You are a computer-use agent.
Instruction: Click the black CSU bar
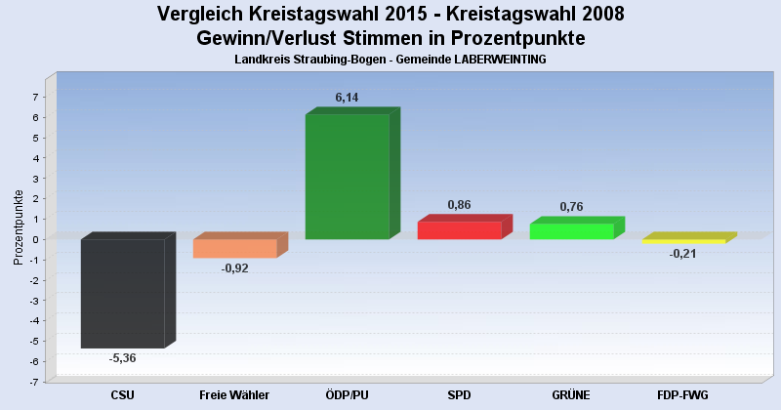(x=122, y=293)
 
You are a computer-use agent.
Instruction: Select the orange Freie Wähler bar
(x=234, y=248)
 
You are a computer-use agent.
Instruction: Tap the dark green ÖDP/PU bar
(x=347, y=176)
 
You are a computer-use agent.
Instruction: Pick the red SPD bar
(x=459, y=230)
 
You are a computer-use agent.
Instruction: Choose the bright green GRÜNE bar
(x=571, y=231)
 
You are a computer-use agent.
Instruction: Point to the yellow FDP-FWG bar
(x=683, y=241)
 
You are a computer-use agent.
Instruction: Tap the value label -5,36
(x=122, y=358)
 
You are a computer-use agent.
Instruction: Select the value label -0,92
(x=235, y=267)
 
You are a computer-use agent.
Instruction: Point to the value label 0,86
(x=460, y=205)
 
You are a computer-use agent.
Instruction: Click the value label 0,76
(x=572, y=207)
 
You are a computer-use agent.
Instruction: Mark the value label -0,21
(x=683, y=254)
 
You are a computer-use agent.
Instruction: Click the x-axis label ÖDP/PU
(x=347, y=394)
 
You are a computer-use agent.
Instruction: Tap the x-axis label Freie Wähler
(x=234, y=394)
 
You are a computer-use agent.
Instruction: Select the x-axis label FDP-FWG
(x=683, y=394)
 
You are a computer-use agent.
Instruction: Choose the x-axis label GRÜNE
(x=571, y=394)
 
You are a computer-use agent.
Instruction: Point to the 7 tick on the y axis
(x=35, y=97)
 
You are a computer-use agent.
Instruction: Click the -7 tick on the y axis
(x=33, y=382)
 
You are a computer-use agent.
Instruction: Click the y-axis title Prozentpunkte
(x=18, y=226)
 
